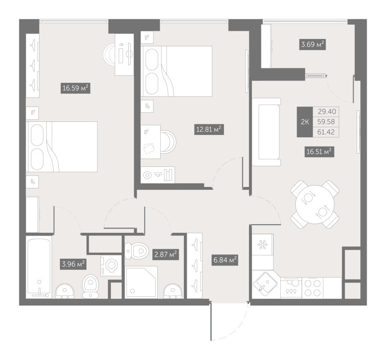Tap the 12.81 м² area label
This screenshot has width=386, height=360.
(208, 129)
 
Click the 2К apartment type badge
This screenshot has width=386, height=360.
(305, 122)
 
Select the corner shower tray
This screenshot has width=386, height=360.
(141, 282)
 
